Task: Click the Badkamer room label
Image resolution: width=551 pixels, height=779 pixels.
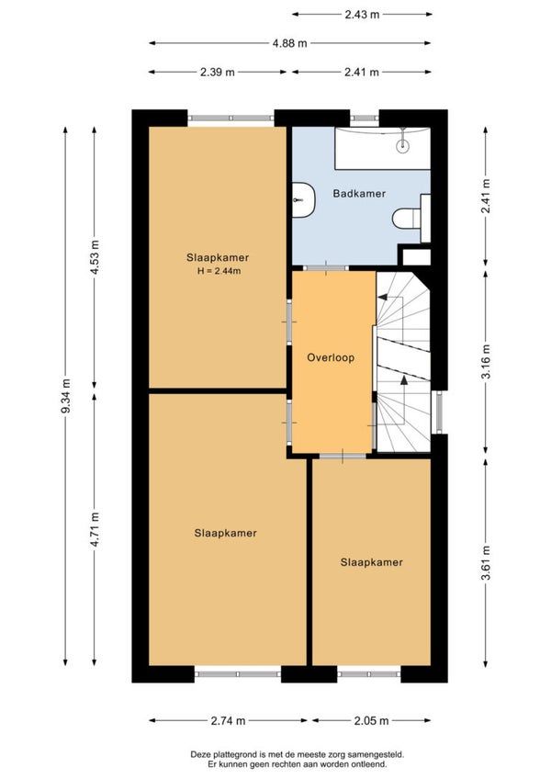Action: tap(359, 194)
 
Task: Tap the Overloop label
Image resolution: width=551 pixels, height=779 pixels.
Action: tap(331, 357)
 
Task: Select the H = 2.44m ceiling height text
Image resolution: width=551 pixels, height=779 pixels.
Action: tap(219, 271)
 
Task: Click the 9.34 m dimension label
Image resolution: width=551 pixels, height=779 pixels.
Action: tap(65, 396)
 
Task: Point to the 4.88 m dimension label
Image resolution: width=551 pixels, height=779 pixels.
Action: tap(289, 43)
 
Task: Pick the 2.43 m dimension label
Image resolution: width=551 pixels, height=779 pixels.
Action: tap(362, 15)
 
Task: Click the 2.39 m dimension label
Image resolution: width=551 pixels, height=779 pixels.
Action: tap(218, 72)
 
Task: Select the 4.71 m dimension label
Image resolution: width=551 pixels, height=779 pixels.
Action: tap(95, 529)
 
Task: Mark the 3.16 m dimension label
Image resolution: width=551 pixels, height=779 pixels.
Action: tap(486, 361)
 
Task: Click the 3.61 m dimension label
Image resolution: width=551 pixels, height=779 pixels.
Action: tap(486, 562)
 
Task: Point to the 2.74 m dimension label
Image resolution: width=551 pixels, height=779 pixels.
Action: tap(228, 721)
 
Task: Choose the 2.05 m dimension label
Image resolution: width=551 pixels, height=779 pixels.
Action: tap(372, 721)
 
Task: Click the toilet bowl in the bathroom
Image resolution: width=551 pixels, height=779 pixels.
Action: tap(407, 219)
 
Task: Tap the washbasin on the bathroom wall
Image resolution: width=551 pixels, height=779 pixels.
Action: tap(302, 199)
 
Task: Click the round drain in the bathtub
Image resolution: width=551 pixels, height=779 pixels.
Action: tap(403, 145)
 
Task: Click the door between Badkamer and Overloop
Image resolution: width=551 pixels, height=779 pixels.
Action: tap(325, 268)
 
